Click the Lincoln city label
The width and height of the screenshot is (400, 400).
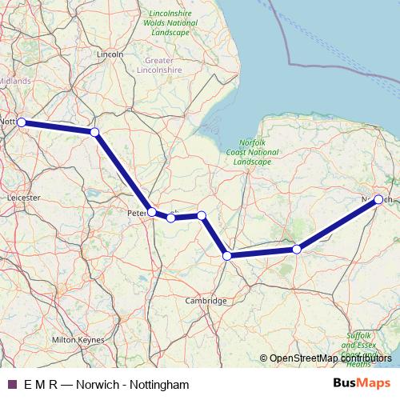109,54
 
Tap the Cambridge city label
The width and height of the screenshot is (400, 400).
206,301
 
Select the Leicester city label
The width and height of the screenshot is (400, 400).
22,195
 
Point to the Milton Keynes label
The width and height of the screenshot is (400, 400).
78,340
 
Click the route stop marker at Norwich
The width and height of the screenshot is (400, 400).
378,199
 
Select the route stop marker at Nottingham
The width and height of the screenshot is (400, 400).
22,122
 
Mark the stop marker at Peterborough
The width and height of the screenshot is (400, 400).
152,212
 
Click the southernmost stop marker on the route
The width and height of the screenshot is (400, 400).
227,256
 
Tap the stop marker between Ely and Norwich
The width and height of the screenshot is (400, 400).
297,250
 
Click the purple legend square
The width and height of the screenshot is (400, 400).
11,385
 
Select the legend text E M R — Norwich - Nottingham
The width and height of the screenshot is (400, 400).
106,385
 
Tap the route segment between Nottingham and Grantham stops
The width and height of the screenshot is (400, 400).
58,127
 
